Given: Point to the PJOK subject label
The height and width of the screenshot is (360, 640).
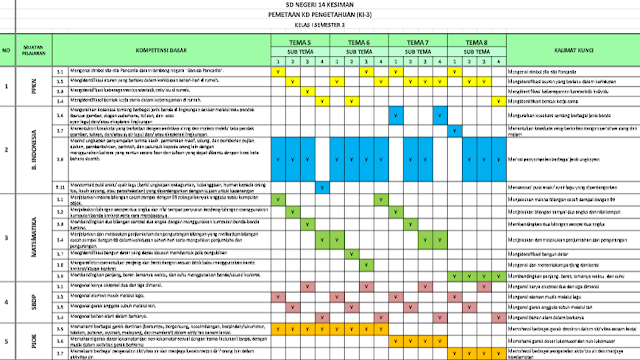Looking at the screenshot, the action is tap(34, 340).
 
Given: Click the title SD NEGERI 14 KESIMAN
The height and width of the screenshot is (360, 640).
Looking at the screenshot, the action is tap(321, 7).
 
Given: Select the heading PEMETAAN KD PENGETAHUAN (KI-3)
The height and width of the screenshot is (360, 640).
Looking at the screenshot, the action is tap(321, 17).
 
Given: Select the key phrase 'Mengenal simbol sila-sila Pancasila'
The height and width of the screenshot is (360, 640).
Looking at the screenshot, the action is tap(550, 71).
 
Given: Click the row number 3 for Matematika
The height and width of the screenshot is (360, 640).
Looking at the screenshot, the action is tap(7, 238).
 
